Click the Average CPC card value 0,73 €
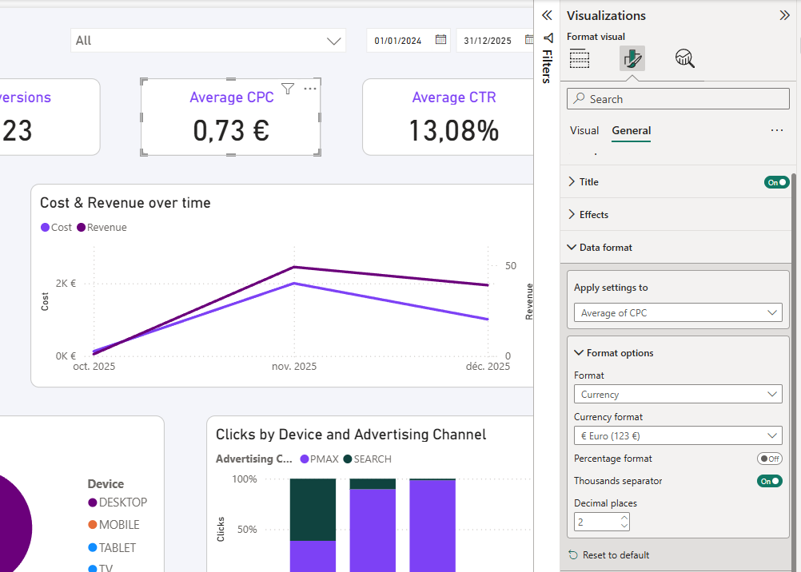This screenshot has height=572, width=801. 230,130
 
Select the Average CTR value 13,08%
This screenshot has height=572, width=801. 453,130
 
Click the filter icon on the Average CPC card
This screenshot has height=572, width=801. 288,89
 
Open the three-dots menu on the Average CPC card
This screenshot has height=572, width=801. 310,89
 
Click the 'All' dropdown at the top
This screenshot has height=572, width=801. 208,41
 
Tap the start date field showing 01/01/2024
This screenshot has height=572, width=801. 399,41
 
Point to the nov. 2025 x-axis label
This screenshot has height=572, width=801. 294,367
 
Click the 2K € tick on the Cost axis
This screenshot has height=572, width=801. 66,283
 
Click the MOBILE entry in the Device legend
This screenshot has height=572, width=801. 118,525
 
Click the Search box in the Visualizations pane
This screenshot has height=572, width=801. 678,99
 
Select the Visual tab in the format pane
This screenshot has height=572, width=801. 584,130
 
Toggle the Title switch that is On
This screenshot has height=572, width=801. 776,182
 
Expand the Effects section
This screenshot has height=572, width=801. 593,215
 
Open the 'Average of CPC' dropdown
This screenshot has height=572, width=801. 678,313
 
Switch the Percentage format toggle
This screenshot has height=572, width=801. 769,459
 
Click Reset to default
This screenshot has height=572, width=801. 615,555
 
